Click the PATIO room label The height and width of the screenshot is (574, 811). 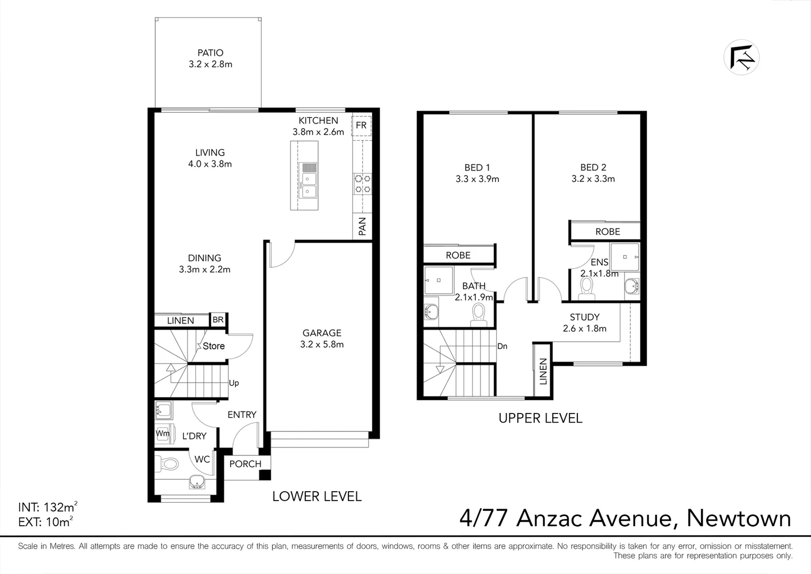pyautogui.click(x=210, y=53)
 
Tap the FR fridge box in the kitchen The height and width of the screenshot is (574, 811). pyautogui.click(x=361, y=125)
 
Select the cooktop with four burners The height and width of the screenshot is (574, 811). pyautogui.click(x=363, y=184)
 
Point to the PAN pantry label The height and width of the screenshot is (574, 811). pyautogui.click(x=362, y=226)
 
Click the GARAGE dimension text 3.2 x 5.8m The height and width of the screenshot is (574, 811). pyautogui.click(x=322, y=344)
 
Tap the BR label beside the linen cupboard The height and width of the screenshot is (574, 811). pyautogui.click(x=218, y=320)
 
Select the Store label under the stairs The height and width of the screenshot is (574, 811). pyautogui.click(x=214, y=346)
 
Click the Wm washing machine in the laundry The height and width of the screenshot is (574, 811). pyautogui.click(x=163, y=434)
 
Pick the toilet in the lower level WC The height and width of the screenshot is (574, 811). pyautogui.click(x=168, y=465)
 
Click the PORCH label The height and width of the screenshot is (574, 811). pyautogui.click(x=245, y=464)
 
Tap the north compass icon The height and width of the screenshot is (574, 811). pyautogui.click(x=741, y=57)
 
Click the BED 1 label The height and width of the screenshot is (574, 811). pyautogui.click(x=477, y=167)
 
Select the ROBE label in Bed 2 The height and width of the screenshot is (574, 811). pyautogui.click(x=608, y=232)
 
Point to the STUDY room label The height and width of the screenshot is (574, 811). pyautogui.click(x=585, y=317)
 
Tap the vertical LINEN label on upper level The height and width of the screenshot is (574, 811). pyautogui.click(x=543, y=371)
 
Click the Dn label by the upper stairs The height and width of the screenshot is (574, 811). pyautogui.click(x=502, y=347)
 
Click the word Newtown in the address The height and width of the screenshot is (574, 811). pyautogui.click(x=739, y=518)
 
